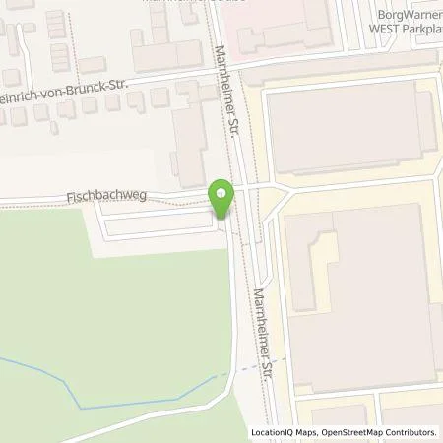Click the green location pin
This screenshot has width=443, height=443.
click(x=221, y=200)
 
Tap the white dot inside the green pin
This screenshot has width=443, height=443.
click(x=221, y=193)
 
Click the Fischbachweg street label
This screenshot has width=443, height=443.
click(x=106, y=196)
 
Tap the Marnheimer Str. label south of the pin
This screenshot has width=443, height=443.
click(x=264, y=335)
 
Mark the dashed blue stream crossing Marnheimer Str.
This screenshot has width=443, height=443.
click(x=251, y=368)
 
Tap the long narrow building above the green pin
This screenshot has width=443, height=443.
click(x=189, y=148)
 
